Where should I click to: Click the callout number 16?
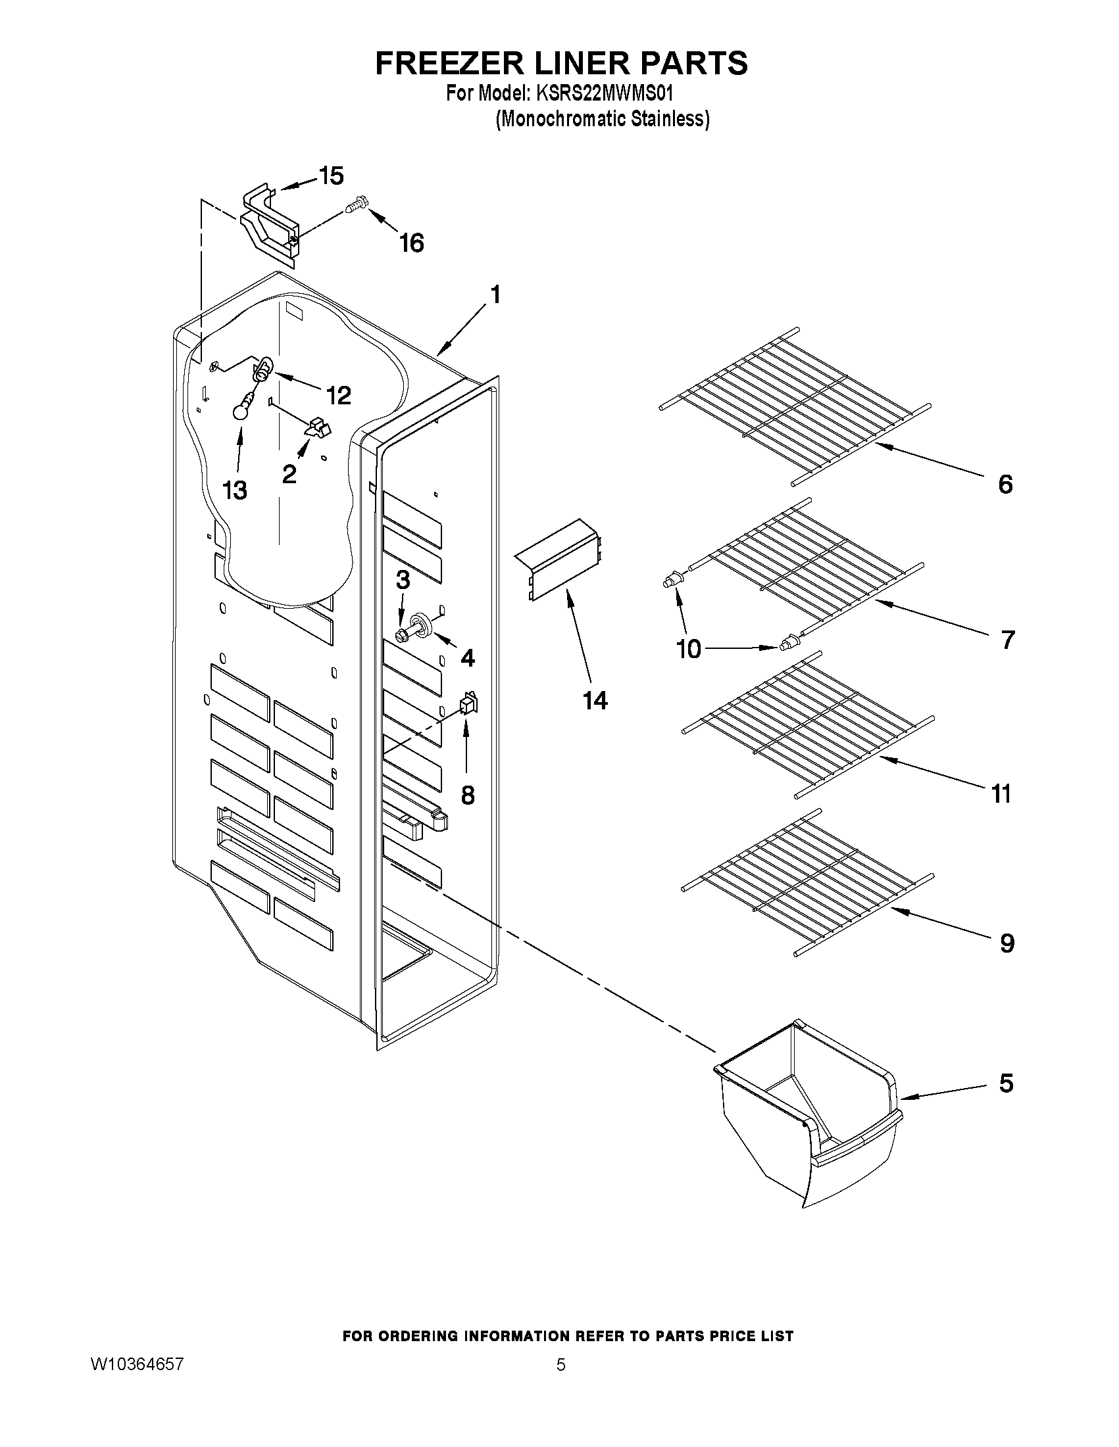coord(411,243)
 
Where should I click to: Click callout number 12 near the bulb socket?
coord(338,396)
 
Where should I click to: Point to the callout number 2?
coord(289,474)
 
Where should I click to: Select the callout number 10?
coord(689,650)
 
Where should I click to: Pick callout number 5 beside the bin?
coord(1006,1083)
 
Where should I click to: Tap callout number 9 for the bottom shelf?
coord(1007,943)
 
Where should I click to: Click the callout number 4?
coord(467,658)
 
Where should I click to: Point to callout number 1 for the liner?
coord(495,294)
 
